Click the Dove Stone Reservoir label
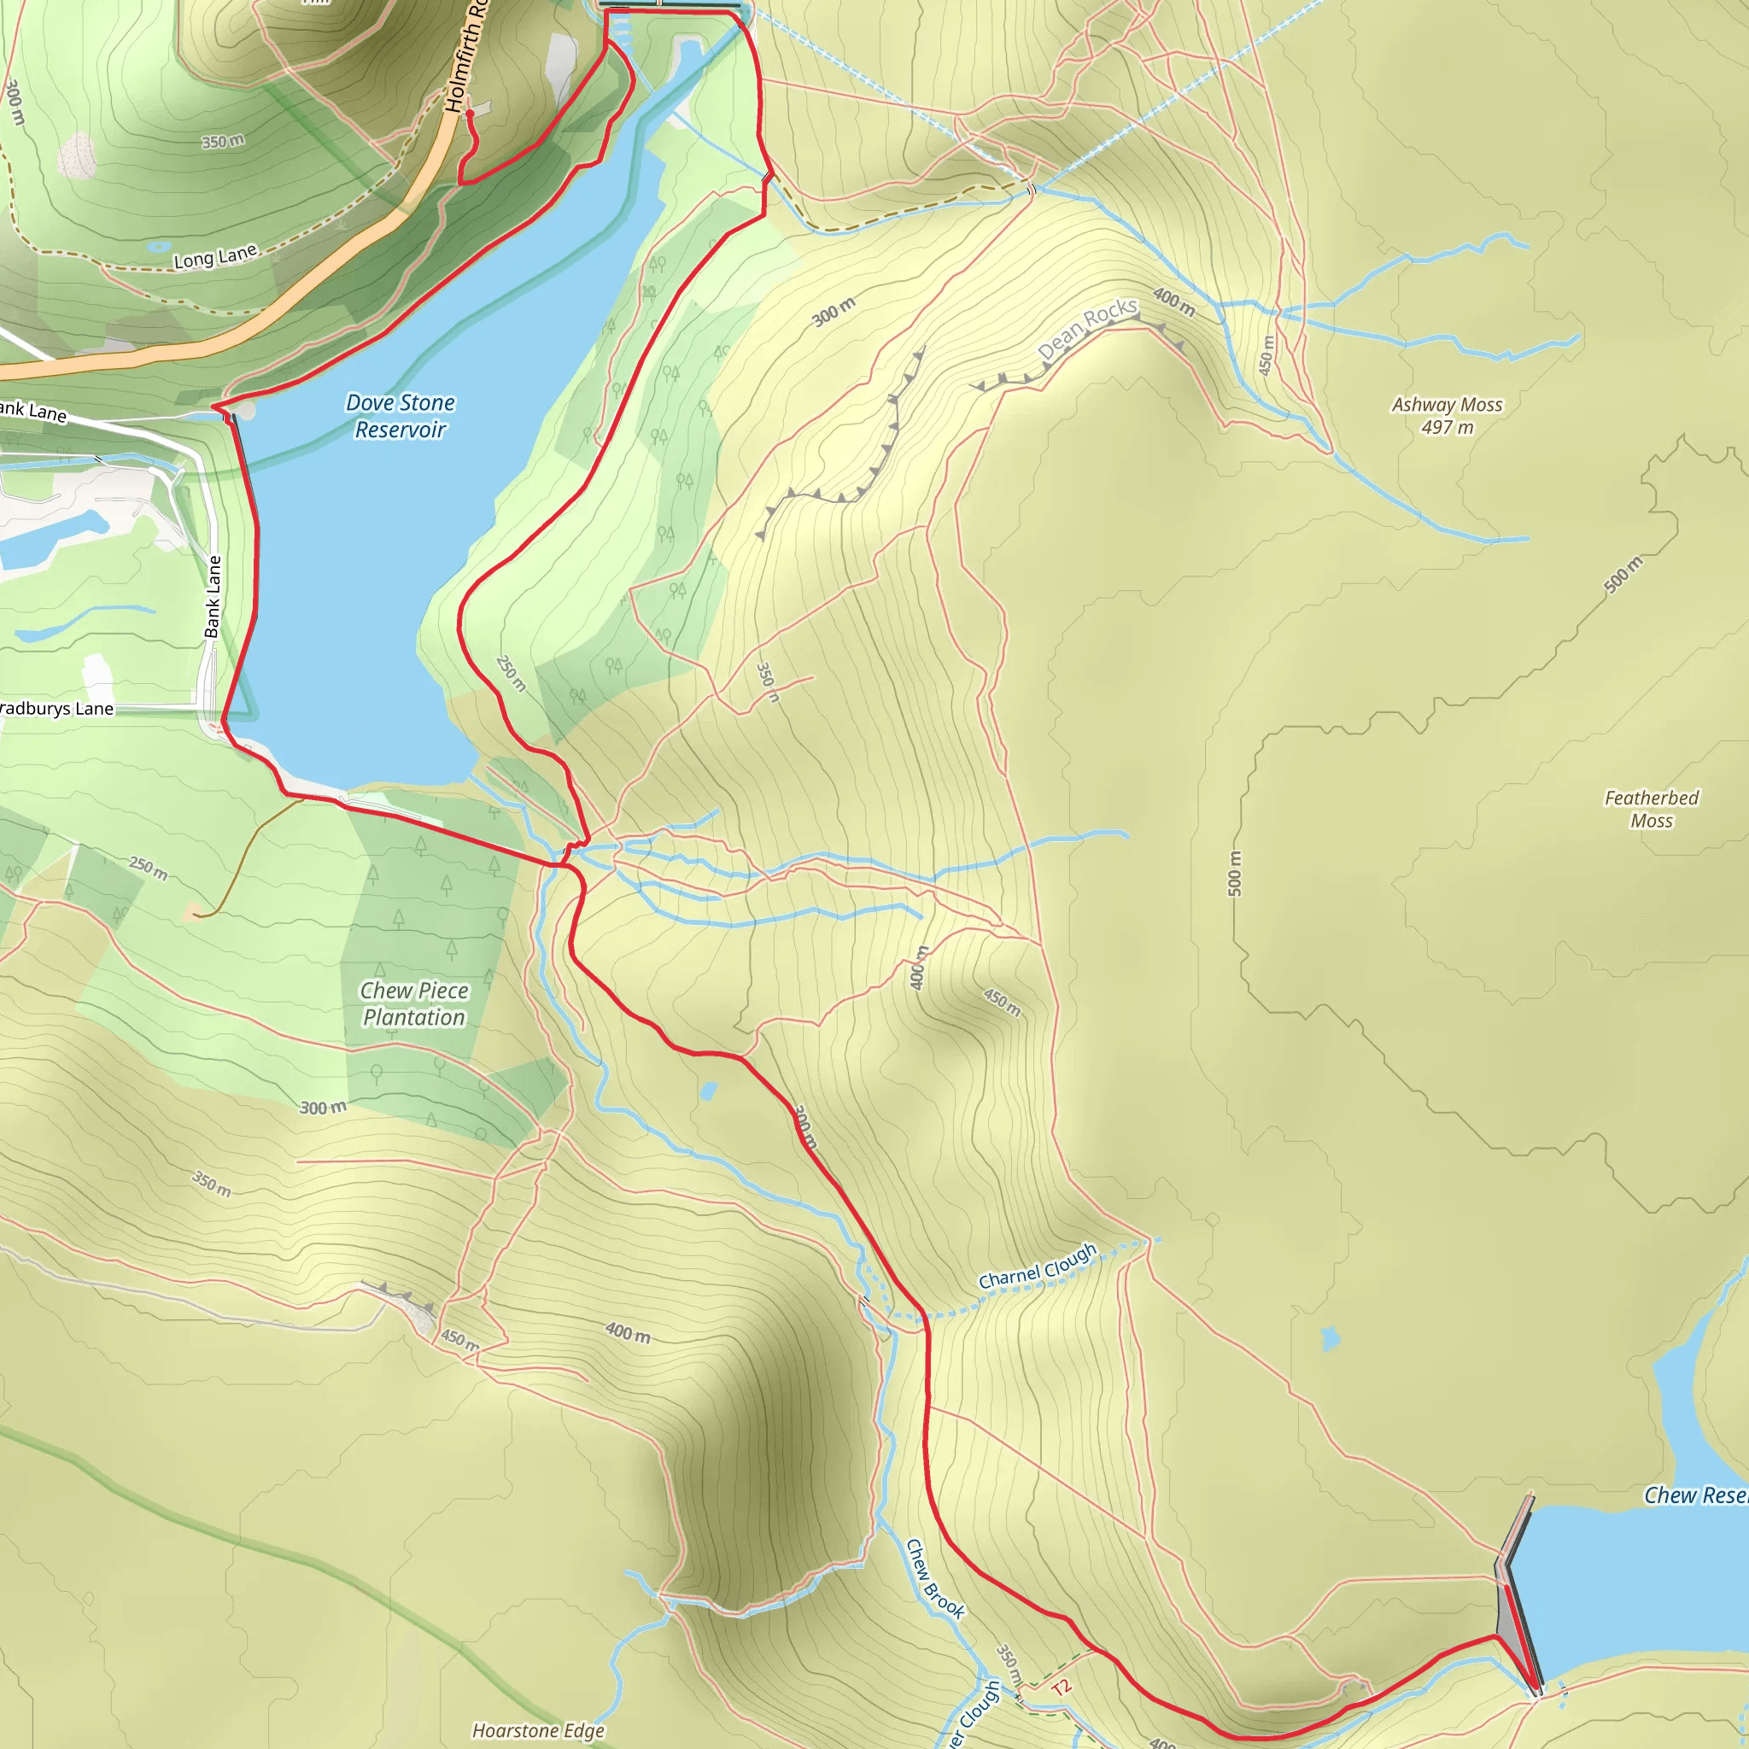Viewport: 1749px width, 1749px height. [401, 416]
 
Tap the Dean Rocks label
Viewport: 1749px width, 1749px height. [1086, 328]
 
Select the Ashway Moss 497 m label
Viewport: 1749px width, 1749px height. [1447, 416]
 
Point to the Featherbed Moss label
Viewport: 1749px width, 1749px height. [1652, 809]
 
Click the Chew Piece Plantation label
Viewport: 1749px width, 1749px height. [413, 1003]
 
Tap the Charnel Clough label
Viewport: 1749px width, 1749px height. [1038, 1266]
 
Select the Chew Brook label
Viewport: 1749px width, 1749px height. [935, 1578]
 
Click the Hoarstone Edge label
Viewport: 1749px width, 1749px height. [538, 1730]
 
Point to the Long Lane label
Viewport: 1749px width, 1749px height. [215, 257]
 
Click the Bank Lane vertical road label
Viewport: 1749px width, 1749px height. [213, 597]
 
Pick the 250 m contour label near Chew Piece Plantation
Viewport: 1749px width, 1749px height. [148, 869]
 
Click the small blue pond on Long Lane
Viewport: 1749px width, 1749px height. [160, 245]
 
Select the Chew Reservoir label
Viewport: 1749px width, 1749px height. [1694, 1495]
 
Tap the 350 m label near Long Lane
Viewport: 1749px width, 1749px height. [223, 141]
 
